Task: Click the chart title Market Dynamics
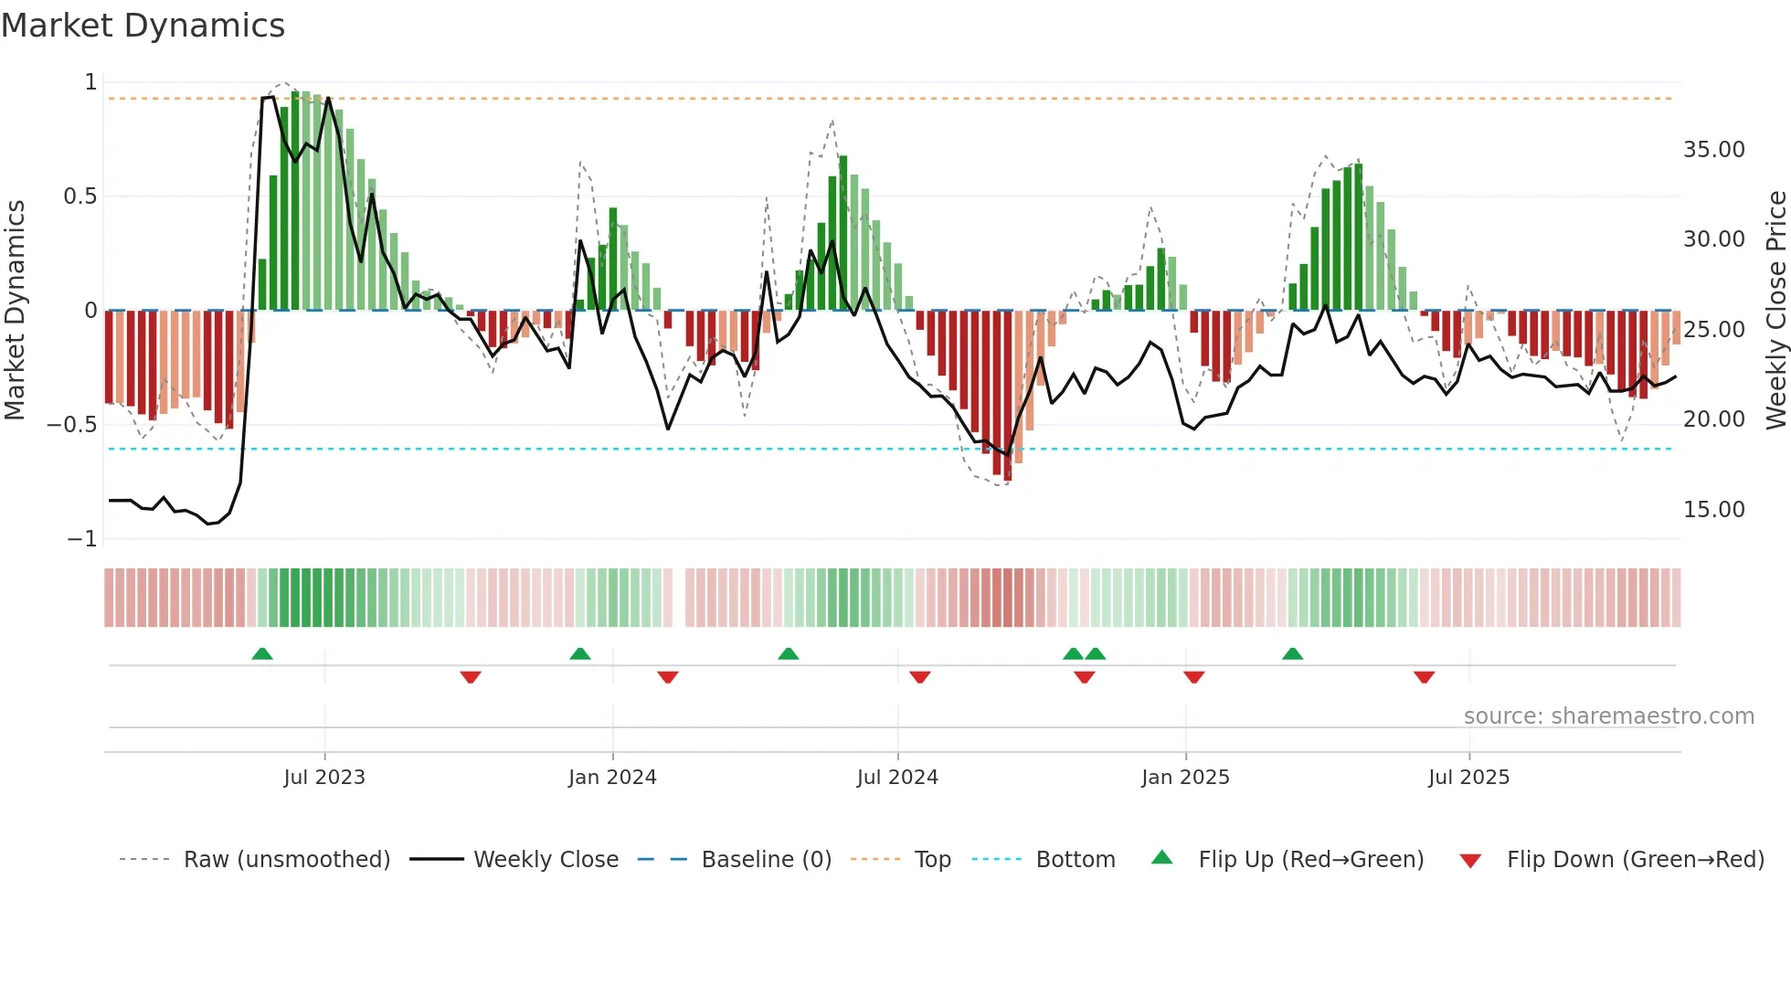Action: (x=143, y=26)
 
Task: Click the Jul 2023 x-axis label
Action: (x=323, y=778)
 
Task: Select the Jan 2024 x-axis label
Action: (x=612, y=778)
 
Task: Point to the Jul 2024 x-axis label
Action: (x=897, y=778)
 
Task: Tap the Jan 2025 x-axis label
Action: (x=1185, y=778)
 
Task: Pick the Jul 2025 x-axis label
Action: (x=1468, y=778)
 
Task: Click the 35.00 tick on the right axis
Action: (x=1713, y=150)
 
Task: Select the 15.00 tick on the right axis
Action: (x=1713, y=510)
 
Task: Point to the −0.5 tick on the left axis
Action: (x=71, y=425)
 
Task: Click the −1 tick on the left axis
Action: (x=81, y=539)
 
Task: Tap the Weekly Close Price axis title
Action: (x=1775, y=311)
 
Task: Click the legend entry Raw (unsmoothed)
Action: (x=286, y=860)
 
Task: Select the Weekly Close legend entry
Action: (x=546, y=860)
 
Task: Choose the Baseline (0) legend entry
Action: (x=766, y=860)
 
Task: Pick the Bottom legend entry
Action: (x=1075, y=860)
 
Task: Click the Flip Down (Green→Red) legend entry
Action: (x=1635, y=860)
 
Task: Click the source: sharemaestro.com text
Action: (x=1608, y=716)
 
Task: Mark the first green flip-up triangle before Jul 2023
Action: (x=262, y=653)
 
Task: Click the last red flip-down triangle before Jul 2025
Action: (x=1424, y=677)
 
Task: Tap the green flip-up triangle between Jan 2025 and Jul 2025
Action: (x=1292, y=653)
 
